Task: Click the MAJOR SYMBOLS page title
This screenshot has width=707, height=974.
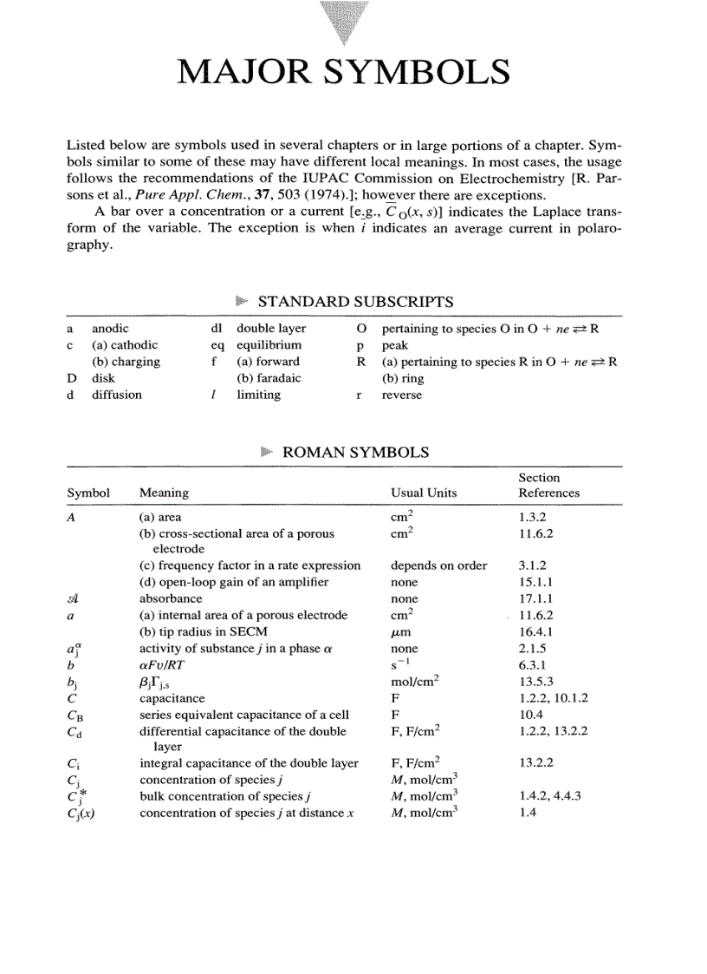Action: click(343, 72)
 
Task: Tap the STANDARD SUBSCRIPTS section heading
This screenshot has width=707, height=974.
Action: click(355, 302)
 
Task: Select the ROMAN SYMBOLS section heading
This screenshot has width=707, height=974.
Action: click(355, 452)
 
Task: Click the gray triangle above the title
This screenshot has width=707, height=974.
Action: click(343, 22)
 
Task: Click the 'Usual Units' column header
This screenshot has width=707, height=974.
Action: click(424, 493)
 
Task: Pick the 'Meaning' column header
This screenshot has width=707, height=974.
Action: click(164, 493)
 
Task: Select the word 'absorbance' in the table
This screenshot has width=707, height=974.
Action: click(171, 598)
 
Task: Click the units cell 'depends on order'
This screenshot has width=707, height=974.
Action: click(438, 565)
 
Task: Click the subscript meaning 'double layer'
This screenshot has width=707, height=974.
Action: click(271, 329)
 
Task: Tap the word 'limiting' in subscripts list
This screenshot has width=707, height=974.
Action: click(258, 395)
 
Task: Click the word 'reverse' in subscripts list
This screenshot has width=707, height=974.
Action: click(402, 395)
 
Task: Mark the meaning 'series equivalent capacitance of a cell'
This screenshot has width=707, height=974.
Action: click(244, 715)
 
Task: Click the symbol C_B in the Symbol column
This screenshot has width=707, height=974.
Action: click(75, 716)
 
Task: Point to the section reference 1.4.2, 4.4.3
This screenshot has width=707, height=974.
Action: click(549, 795)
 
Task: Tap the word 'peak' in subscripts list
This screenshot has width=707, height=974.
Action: click(394, 345)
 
